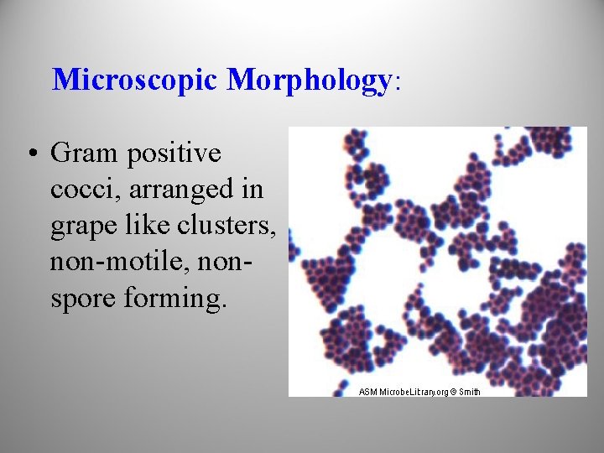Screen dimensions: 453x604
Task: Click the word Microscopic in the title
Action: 135,80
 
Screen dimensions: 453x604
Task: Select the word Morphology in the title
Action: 308,80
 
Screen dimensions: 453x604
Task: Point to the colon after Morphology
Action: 398,82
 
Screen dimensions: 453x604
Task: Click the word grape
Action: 82,226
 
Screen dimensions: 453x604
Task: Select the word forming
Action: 176,299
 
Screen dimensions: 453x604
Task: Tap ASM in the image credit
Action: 367,392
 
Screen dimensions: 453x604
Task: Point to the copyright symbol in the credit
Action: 453,392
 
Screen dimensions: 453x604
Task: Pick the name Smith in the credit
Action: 470,392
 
